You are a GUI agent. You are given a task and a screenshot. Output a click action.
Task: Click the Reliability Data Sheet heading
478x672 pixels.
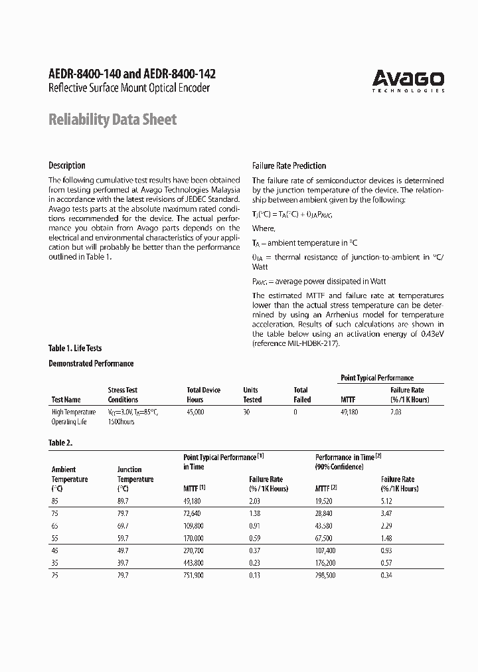(x=113, y=120)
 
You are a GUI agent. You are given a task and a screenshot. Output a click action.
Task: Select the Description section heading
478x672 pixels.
(x=67, y=165)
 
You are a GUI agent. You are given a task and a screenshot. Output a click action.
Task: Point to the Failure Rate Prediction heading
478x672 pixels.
(x=289, y=165)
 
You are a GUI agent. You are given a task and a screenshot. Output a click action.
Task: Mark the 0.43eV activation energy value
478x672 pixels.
(x=432, y=334)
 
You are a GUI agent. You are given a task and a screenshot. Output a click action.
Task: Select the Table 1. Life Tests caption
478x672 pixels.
(x=75, y=348)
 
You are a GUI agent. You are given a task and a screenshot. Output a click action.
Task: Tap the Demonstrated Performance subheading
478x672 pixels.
(x=91, y=363)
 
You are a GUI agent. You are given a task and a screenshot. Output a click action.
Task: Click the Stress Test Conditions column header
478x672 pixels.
(x=123, y=395)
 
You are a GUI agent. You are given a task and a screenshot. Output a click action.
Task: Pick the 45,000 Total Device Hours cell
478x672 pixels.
(x=196, y=412)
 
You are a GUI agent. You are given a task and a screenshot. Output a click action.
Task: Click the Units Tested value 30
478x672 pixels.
(x=247, y=412)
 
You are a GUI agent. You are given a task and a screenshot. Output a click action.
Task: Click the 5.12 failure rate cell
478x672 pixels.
(x=388, y=501)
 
